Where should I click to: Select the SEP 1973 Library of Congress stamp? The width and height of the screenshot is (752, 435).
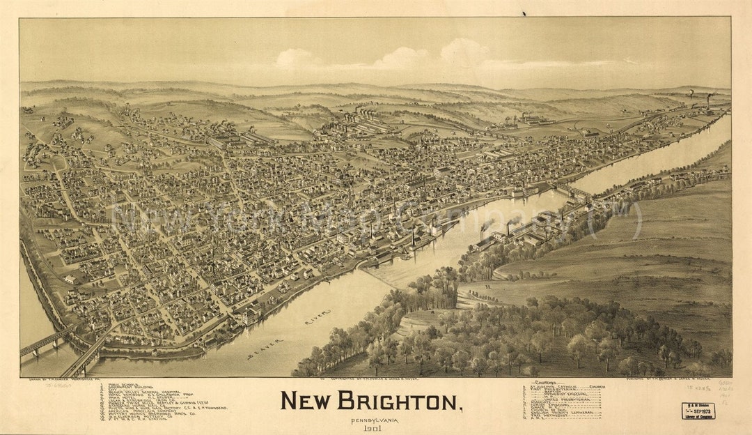click(698, 411)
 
